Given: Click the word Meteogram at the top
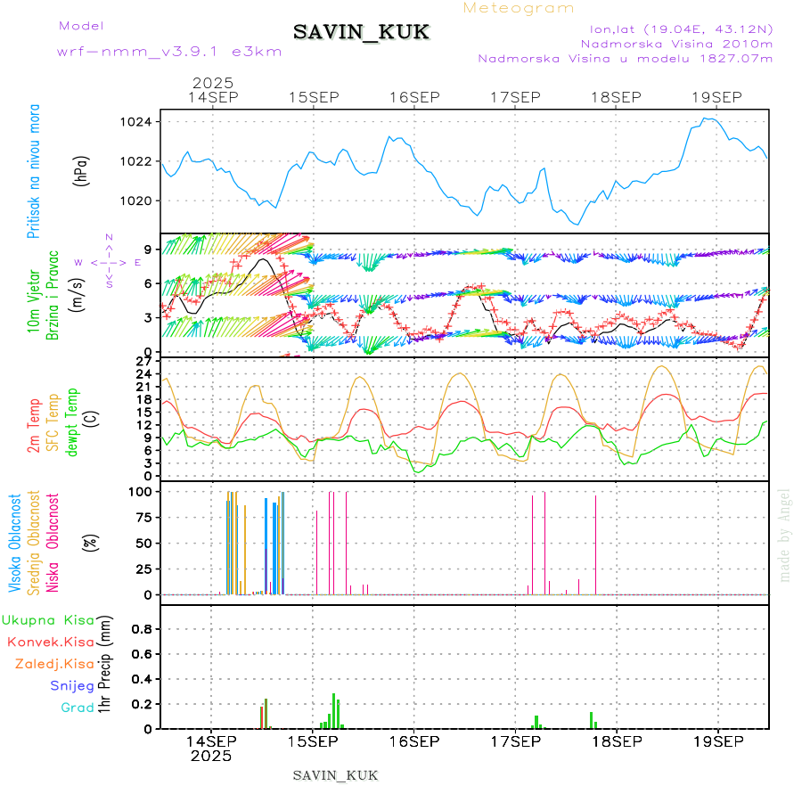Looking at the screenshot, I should point(520,8).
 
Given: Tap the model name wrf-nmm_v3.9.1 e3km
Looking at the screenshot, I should point(169,51).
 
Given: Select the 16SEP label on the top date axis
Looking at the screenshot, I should point(414,97).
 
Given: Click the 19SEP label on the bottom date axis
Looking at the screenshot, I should point(718,741).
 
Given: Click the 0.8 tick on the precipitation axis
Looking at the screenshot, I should point(143,628).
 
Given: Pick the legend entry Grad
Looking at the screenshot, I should point(77,708).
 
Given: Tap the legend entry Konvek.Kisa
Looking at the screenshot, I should point(51,642).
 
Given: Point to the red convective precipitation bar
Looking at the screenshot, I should point(266,713).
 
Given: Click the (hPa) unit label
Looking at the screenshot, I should point(82,170).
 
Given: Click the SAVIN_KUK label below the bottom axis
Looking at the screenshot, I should point(335,775).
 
